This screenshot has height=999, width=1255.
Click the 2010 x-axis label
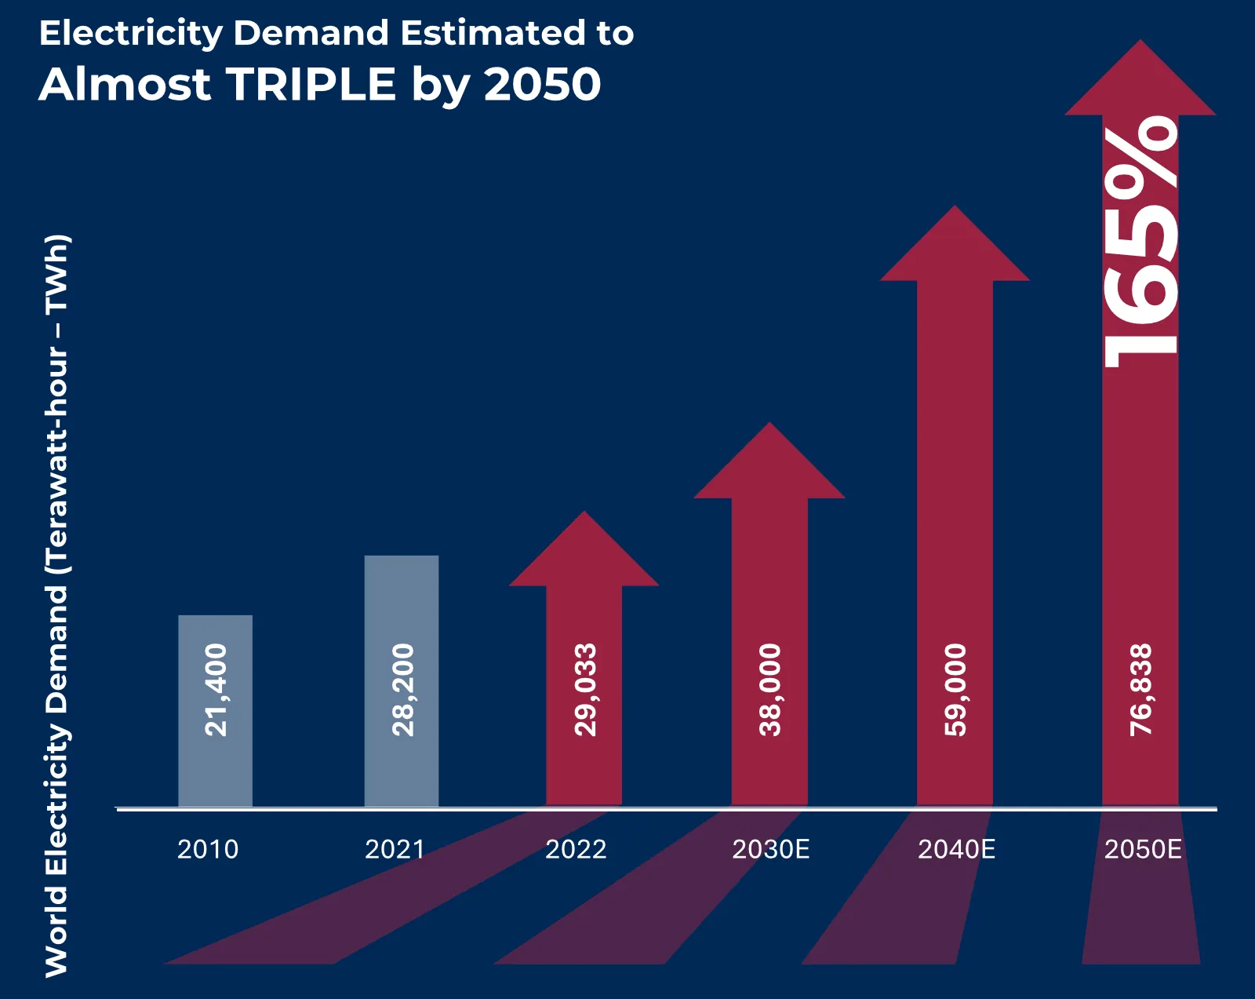pos(207,849)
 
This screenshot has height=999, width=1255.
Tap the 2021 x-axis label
pos(395,849)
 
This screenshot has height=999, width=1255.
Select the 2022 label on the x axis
pos(576,849)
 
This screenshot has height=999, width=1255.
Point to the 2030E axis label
pos(770,849)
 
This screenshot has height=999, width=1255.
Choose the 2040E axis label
pos(956,849)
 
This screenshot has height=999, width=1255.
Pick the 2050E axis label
pos(1143,849)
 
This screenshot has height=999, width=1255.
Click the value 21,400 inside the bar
pos(216,690)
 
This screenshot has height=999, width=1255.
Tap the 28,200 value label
pos(402,690)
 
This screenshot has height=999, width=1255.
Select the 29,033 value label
pos(585,690)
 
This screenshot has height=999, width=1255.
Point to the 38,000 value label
pos(770,690)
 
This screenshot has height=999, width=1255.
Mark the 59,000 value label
pos(955,690)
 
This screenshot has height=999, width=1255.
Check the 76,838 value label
pos(1140,690)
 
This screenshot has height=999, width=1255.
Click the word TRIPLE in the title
pos(311,84)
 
